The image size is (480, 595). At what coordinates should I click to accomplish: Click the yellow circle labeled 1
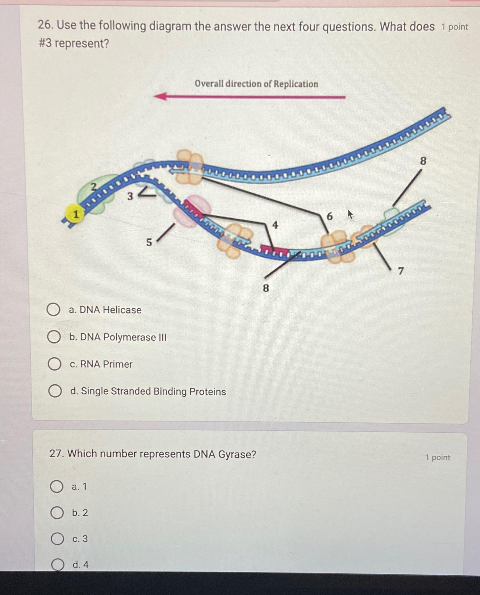click(x=75, y=214)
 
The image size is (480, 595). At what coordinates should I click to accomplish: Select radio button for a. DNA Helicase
click(x=53, y=309)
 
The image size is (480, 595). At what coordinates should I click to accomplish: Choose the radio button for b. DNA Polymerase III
click(x=54, y=337)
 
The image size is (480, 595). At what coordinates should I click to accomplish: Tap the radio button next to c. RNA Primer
click(x=54, y=364)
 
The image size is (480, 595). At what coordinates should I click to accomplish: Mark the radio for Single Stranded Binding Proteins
click(x=55, y=391)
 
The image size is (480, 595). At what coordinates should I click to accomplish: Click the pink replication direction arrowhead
click(x=160, y=97)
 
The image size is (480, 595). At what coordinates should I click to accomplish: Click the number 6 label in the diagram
click(x=330, y=217)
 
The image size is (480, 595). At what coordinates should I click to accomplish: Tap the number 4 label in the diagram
click(x=275, y=225)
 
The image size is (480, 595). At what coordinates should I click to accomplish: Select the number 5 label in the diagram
click(x=149, y=242)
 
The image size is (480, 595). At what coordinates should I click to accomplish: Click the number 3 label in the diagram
click(x=130, y=196)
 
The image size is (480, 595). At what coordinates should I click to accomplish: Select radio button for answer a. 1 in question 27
click(x=56, y=487)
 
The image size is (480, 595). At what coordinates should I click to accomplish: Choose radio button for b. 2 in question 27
click(x=57, y=513)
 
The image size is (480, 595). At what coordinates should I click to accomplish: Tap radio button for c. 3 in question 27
click(x=57, y=539)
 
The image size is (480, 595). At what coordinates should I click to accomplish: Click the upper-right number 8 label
click(x=423, y=161)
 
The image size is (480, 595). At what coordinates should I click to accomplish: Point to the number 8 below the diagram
click(x=266, y=288)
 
